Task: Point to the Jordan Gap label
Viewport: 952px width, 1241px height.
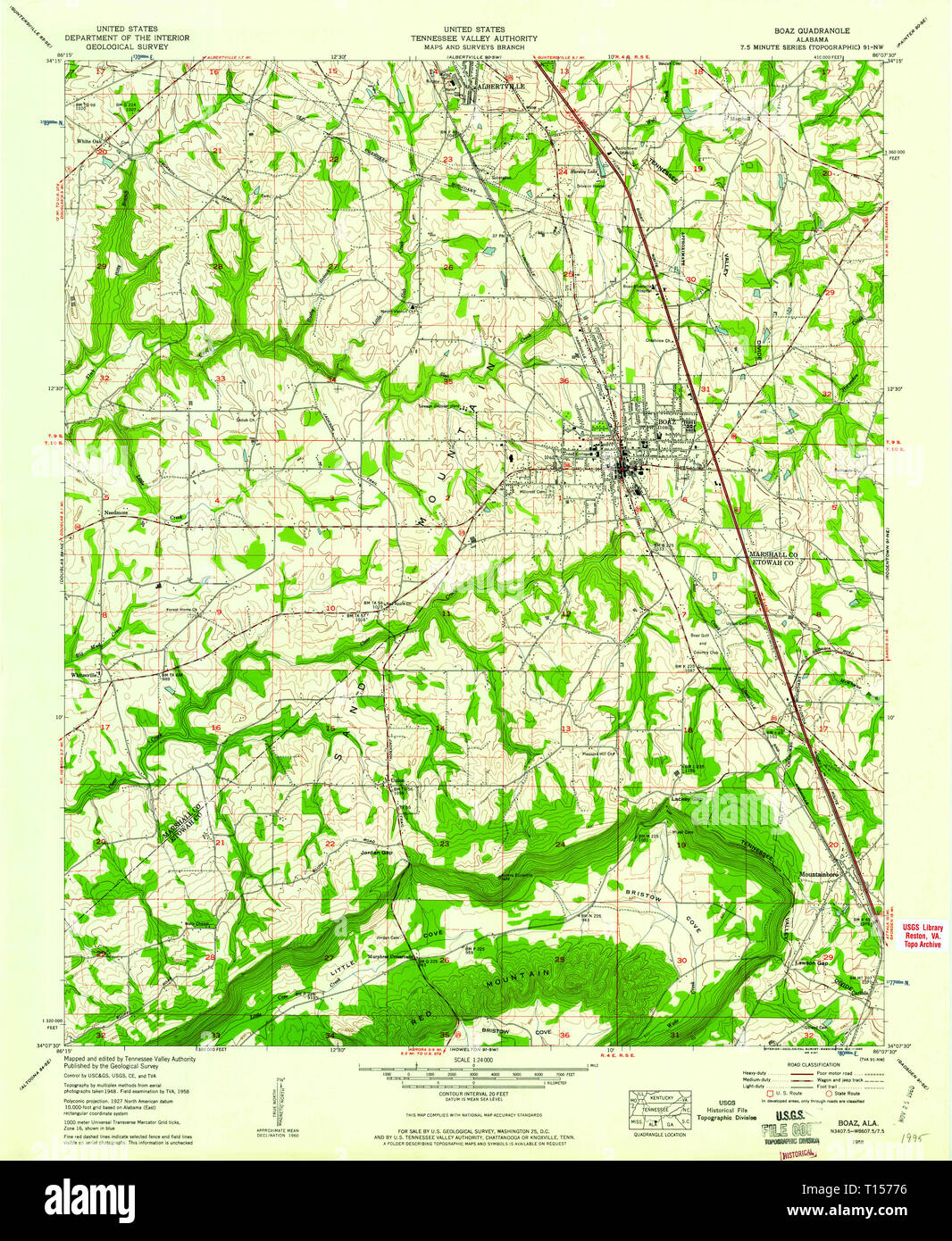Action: coord(376,853)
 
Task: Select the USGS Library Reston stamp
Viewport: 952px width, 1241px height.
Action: coord(921,935)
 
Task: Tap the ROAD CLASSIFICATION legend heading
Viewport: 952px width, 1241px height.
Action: coord(814,1064)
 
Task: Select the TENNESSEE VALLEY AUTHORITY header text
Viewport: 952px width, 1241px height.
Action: coord(473,38)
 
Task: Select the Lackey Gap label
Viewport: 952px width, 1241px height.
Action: coord(683,799)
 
